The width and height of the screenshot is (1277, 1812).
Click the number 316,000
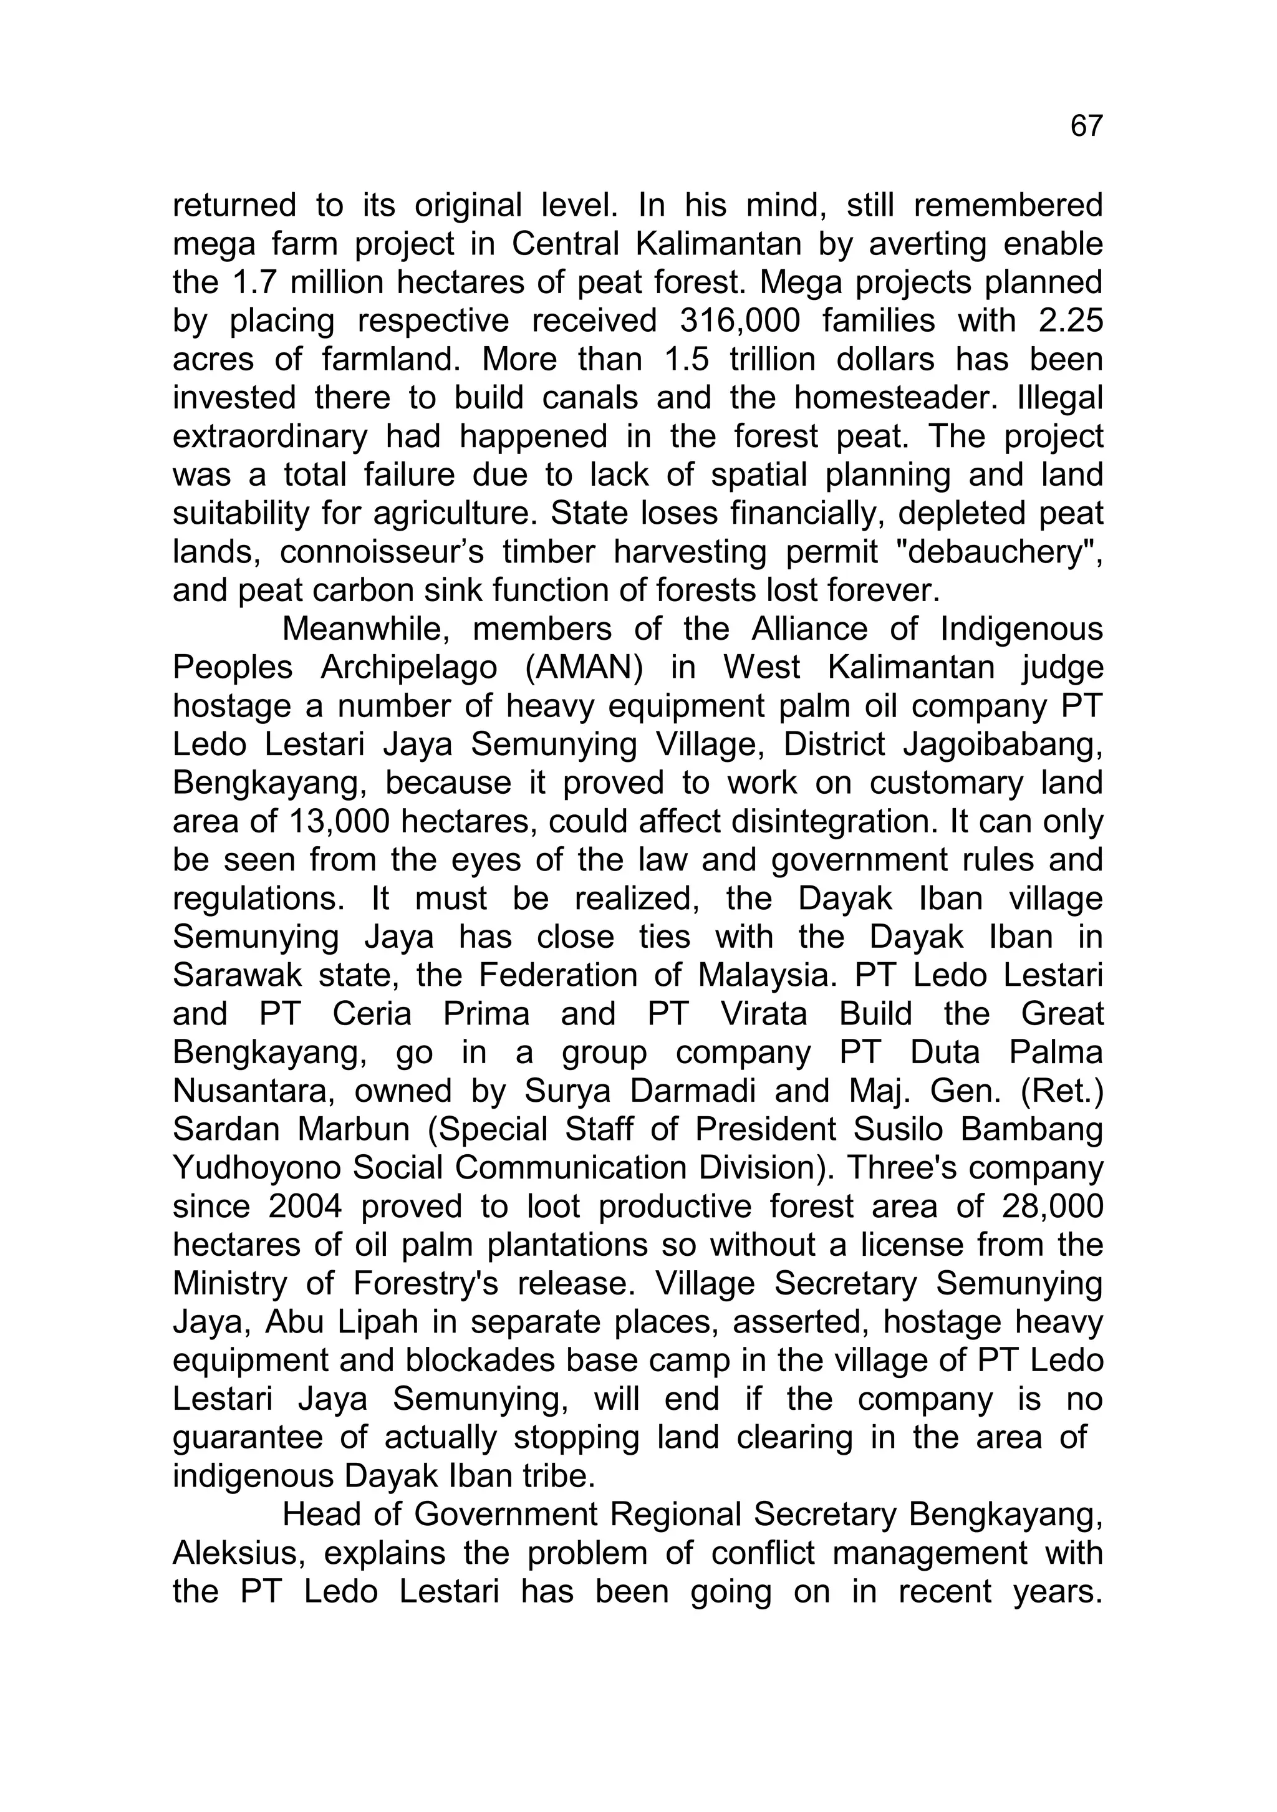tap(739, 320)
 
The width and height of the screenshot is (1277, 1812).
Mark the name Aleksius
tap(234, 1553)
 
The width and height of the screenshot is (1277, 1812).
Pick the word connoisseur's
tap(381, 552)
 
